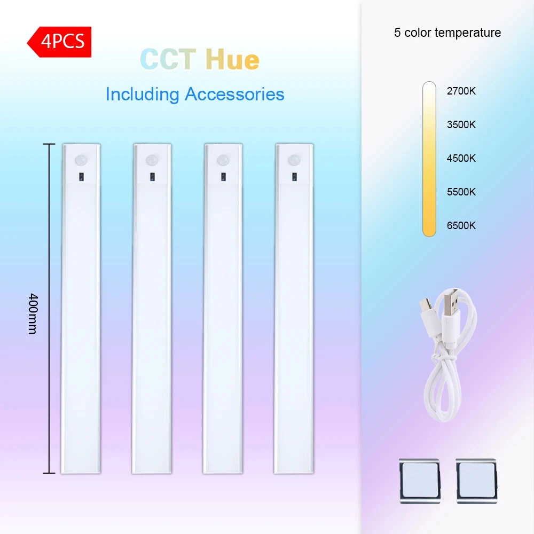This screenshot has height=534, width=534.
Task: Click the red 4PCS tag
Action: (x=59, y=42)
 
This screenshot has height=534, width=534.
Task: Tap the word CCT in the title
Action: (x=168, y=59)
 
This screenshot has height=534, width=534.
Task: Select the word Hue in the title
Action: (x=232, y=59)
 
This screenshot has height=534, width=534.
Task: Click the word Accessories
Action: (x=234, y=94)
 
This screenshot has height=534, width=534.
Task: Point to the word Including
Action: (x=143, y=95)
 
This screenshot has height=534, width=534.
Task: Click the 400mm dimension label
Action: (x=33, y=313)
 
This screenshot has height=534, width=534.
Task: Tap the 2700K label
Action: (x=461, y=91)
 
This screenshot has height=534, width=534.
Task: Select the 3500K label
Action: (x=461, y=124)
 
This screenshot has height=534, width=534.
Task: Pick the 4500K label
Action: (x=461, y=159)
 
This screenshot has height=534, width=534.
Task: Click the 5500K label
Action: (x=461, y=192)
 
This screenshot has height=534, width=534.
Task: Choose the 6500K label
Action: (x=461, y=225)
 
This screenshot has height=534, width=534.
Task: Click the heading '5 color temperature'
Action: (x=447, y=33)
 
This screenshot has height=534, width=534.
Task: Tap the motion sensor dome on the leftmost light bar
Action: (x=81, y=160)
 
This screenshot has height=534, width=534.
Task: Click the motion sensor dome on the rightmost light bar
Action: (x=294, y=160)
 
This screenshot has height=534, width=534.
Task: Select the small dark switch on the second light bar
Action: (x=152, y=177)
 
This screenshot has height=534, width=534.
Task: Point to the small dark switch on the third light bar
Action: (x=223, y=177)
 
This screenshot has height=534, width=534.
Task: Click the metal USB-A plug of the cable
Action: (x=451, y=301)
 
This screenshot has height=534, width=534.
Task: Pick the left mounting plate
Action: (x=420, y=481)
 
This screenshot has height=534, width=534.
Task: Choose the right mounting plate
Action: (x=476, y=481)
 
